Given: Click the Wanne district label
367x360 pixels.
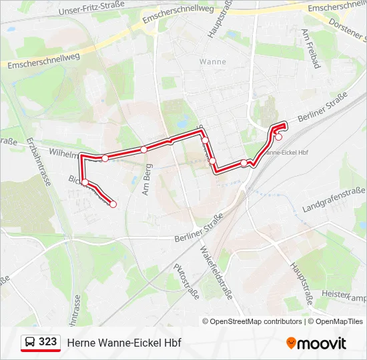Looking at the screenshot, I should click(213, 61).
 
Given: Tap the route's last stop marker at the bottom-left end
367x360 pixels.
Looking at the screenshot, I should click(113, 204).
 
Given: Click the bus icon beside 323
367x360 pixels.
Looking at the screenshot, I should click(30, 342).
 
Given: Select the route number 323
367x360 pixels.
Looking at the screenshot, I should click(47, 342).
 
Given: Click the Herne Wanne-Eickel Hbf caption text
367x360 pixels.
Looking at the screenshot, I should click(123, 343).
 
